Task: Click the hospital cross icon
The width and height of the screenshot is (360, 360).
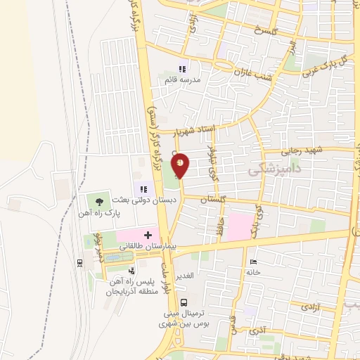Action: [x=148, y=235]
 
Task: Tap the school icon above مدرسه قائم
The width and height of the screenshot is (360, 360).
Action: [x=183, y=69]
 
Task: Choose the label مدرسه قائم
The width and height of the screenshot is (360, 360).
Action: [x=184, y=80]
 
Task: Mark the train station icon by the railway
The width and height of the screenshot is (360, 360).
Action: [x=79, y=262]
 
